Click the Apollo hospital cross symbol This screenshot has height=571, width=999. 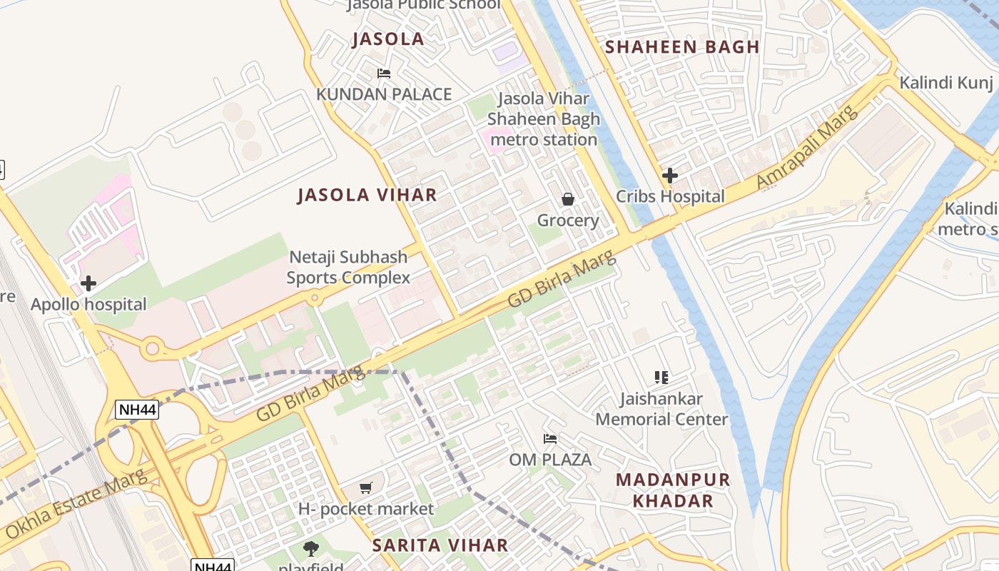click(88, 283)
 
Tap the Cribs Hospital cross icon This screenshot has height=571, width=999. click(669, 175)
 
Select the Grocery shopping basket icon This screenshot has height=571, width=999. click(568, 199)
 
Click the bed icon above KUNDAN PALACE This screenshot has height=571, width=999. click(384, 73)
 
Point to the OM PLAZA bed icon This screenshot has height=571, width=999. click(550, 438)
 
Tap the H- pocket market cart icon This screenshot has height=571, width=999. click(366, 487)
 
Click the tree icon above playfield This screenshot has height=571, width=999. click(311, 548)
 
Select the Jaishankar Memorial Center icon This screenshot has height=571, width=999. click(661, 377)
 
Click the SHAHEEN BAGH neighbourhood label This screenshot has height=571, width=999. click(682, 47)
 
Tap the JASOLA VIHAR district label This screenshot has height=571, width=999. click(367, 195)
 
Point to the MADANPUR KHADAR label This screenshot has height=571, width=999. click(673, 490)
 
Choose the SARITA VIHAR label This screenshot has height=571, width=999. click(440, 545)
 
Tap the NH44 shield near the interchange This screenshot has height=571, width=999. click(136, 410)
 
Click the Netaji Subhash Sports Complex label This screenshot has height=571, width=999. click(349, 267)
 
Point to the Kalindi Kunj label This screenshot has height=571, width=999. click(945, 82)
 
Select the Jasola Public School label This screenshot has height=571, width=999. click(423, 5)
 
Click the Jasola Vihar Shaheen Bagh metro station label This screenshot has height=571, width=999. click(544, 118)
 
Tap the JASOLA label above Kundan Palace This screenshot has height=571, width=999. click(388, 39)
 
